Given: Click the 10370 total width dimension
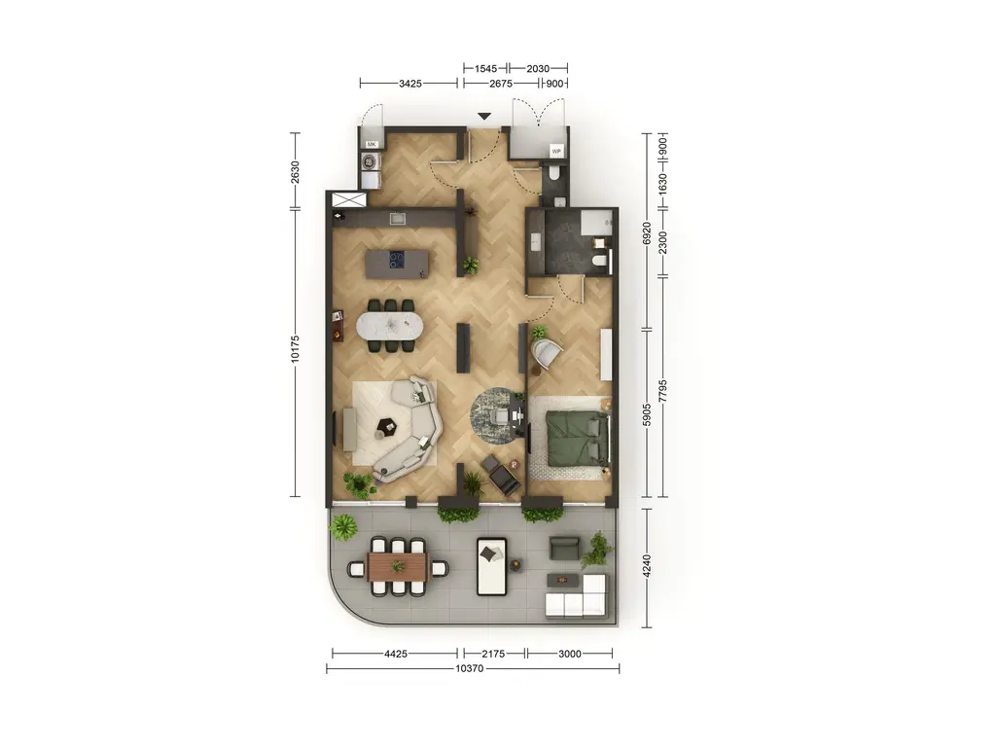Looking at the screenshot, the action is click(470, 668).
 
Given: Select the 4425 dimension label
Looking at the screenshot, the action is click(395, 653).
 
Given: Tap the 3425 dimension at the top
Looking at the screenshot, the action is click(409, 84).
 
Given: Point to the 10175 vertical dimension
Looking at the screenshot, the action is click(295, 349).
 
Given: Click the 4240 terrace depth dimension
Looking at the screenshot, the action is click(647, 567).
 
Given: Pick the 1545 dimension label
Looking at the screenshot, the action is click(486, 69).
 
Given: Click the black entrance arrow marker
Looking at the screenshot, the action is click(484, 117).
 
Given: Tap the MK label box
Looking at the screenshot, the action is click(372, 145).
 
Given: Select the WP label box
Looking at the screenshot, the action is click(556, 151).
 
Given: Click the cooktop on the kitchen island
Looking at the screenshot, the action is click(398, 260).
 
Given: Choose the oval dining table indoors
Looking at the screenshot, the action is click(389, 326).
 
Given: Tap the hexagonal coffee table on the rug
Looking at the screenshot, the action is click(385, 426).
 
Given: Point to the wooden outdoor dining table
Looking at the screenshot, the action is click(398, 567).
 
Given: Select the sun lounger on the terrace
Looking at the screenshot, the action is click(491, 567).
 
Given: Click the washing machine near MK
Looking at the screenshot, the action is click(371, 161).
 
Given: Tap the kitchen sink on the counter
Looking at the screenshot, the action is click(398, 219).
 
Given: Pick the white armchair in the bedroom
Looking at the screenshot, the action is click(547, 354).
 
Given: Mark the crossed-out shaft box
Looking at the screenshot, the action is click(349, 199).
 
